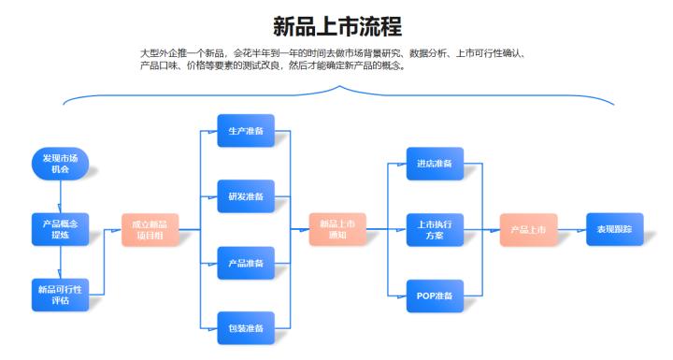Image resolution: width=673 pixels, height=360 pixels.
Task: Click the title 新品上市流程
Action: click(336, 25)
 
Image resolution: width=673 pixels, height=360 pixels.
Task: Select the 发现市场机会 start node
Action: click(60, 163)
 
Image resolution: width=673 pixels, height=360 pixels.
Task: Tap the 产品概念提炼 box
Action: click(60, 228)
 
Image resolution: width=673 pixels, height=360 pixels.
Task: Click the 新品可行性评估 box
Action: click(60, 293)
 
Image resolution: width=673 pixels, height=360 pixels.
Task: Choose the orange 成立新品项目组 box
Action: click(150, 229)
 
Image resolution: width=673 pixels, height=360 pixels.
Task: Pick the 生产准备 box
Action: click(245, 131)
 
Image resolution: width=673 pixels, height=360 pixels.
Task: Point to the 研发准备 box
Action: click(245, 196)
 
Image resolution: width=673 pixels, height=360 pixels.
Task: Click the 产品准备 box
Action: click(245, 263)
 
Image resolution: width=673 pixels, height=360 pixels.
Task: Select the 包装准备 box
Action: click(245, 328)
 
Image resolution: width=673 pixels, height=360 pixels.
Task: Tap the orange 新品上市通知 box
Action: click(337, 229)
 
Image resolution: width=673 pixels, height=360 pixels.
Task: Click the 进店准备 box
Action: click(435, 164)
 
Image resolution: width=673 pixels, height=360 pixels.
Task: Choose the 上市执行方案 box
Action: click(435, 229)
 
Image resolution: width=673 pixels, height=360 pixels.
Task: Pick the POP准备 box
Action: click(435, 295)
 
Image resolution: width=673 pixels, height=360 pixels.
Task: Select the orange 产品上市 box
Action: click(528, 229)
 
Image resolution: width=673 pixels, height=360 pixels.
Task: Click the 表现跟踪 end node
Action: click(614, 228)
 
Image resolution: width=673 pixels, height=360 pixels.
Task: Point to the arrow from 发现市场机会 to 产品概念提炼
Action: click(60, 195)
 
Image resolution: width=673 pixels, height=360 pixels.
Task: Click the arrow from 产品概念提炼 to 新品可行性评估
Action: click(60, 261)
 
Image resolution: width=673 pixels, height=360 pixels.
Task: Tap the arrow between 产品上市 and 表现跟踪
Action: click(571, 229)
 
